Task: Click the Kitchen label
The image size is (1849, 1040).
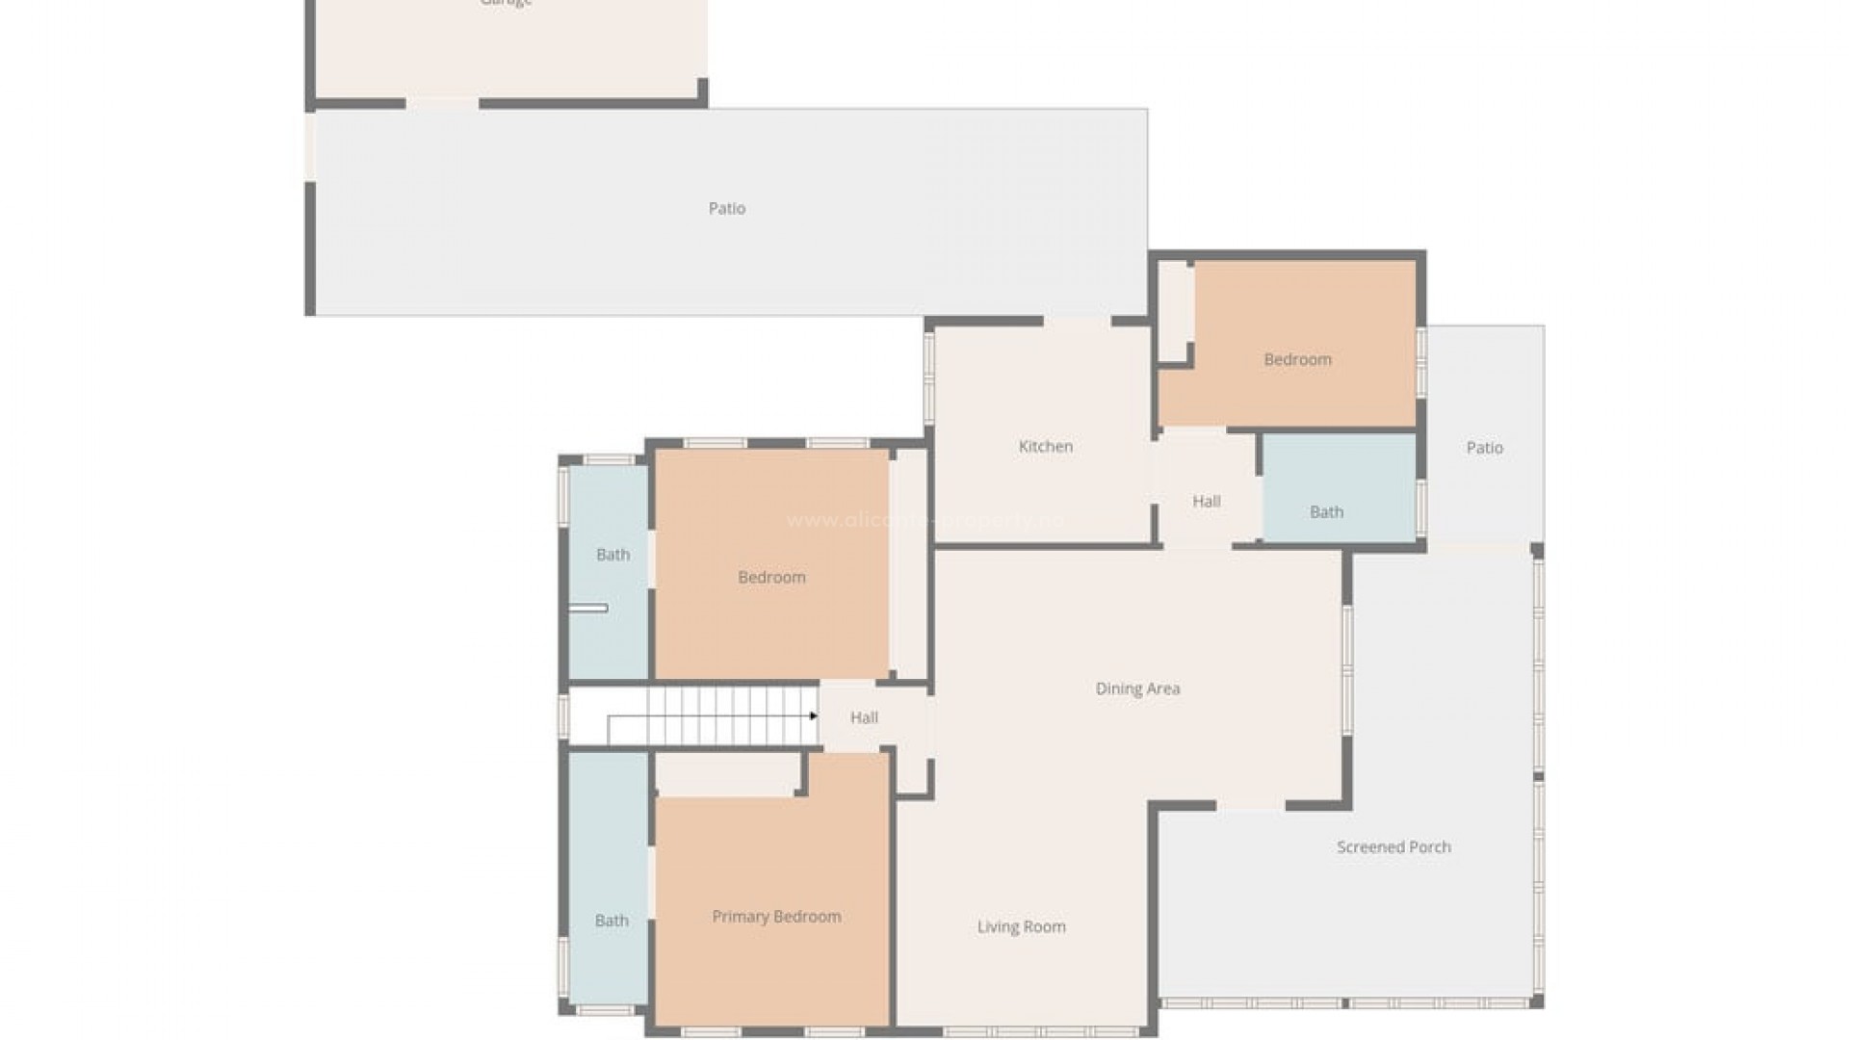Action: tap(1045, 447)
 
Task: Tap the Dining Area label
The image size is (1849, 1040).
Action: tap(1137, 689)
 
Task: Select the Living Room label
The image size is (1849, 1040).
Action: tap(1021, 926)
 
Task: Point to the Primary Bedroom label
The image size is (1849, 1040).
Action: tap(776, 917)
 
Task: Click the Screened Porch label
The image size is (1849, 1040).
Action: tap(1393, 847)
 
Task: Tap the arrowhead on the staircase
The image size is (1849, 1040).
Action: tap(814, 715)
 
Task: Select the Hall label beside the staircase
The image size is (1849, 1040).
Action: tap(864, 717)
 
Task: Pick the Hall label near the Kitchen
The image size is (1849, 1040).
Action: tap(1206, 501)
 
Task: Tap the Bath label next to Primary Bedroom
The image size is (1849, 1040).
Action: tap(612, 921)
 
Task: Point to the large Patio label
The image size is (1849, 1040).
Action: tap(726, 208)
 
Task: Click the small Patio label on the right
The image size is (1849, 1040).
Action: tap(1484, 448)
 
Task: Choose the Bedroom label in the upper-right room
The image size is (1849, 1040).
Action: tap(1297, 359)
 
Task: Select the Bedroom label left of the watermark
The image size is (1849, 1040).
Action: tap(771, 578)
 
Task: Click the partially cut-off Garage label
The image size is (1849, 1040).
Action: tap(507, 4)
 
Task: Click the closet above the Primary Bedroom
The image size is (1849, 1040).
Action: tap(728, 773)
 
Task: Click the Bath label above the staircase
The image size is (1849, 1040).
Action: tap(612, 555)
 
